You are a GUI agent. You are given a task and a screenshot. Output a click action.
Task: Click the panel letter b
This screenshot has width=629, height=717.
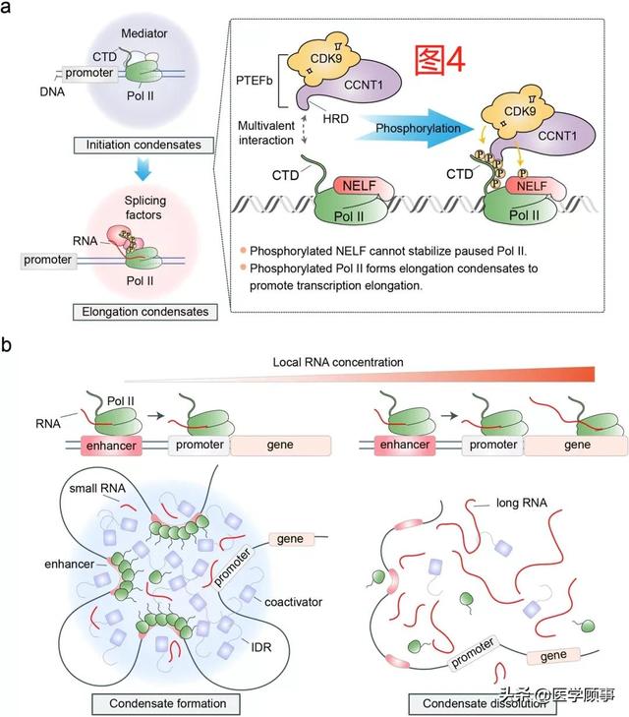(x=9, y=346)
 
